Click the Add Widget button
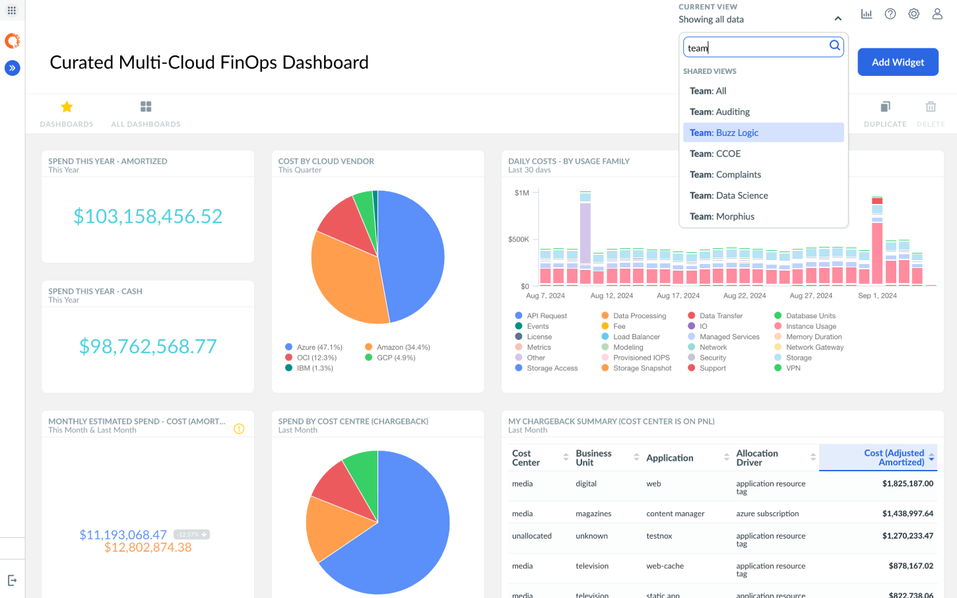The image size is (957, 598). click(x=898, y=62)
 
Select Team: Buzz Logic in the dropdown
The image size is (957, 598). click(x=724, y=133)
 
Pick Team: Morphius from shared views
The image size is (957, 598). click(x=722, y=216)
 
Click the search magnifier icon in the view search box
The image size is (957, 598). click(x=835, y=46)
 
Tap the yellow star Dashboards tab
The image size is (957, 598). click(x=67, y=107)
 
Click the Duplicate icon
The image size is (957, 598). click(x=885, y=107)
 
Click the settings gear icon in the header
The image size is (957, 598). click(x=913, y=14)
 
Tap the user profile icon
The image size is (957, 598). click(x=937, y=14)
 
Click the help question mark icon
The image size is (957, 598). click(x=890, y=14)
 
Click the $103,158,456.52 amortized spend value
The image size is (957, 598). click(x=148, y=216)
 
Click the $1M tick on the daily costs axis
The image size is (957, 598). click(x=521, y=193)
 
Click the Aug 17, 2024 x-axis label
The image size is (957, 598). click(x=678, y=296)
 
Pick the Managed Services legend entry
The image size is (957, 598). click(x=729, y=337)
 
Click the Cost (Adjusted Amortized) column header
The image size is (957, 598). click(x=894, y=457)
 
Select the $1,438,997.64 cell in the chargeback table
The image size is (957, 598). click(x=907, y=514)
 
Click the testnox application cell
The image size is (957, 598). click(x=659, y=536)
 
